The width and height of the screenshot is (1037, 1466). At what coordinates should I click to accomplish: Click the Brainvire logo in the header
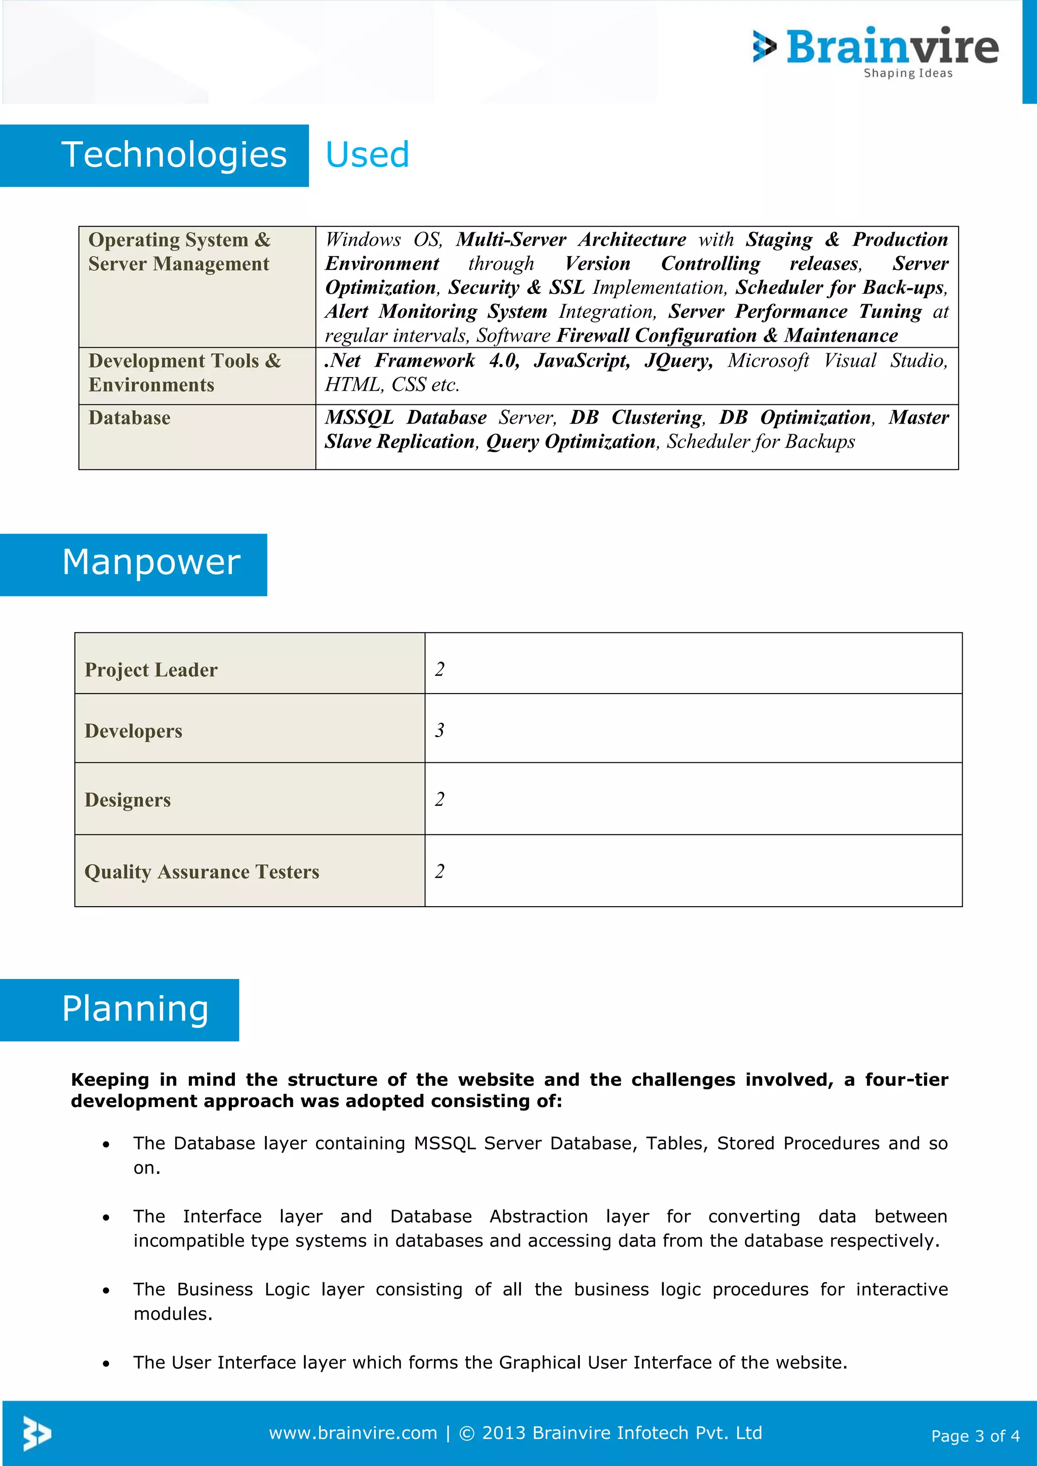(x=876, y=51)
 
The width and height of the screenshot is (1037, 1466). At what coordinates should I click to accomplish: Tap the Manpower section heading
(x=151, y=563)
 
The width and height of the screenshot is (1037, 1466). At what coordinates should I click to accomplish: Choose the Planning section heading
(x=135, y=1009)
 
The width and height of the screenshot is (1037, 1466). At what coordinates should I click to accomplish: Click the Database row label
(x=130, y=418)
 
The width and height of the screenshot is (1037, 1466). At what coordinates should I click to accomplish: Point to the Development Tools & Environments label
(x=184, y=373)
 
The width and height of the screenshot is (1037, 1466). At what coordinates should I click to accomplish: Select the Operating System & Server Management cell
(x=179, y=252)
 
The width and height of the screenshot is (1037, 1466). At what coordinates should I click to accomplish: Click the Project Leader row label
(x=151, y=670)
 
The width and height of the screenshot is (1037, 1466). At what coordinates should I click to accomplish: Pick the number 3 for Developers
(x=440, y=730)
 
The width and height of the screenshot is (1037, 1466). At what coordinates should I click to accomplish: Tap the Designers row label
(x=128, y=800)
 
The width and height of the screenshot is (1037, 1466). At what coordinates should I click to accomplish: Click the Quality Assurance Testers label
(x=202, y=872)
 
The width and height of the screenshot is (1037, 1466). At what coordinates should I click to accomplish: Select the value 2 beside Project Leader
(x=440, y=669)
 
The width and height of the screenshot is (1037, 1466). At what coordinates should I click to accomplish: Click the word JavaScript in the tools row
(x=581, y=361)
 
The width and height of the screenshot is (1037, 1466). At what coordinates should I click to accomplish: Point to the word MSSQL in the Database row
(x=359, y=418)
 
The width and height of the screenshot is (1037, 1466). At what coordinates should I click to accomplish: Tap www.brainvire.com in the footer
(x=352, y=1433)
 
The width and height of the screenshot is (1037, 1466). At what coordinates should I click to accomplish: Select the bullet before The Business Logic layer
(x=106, y=1291)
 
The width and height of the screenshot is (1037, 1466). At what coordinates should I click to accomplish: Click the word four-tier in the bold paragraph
(x=906, y=1080)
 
